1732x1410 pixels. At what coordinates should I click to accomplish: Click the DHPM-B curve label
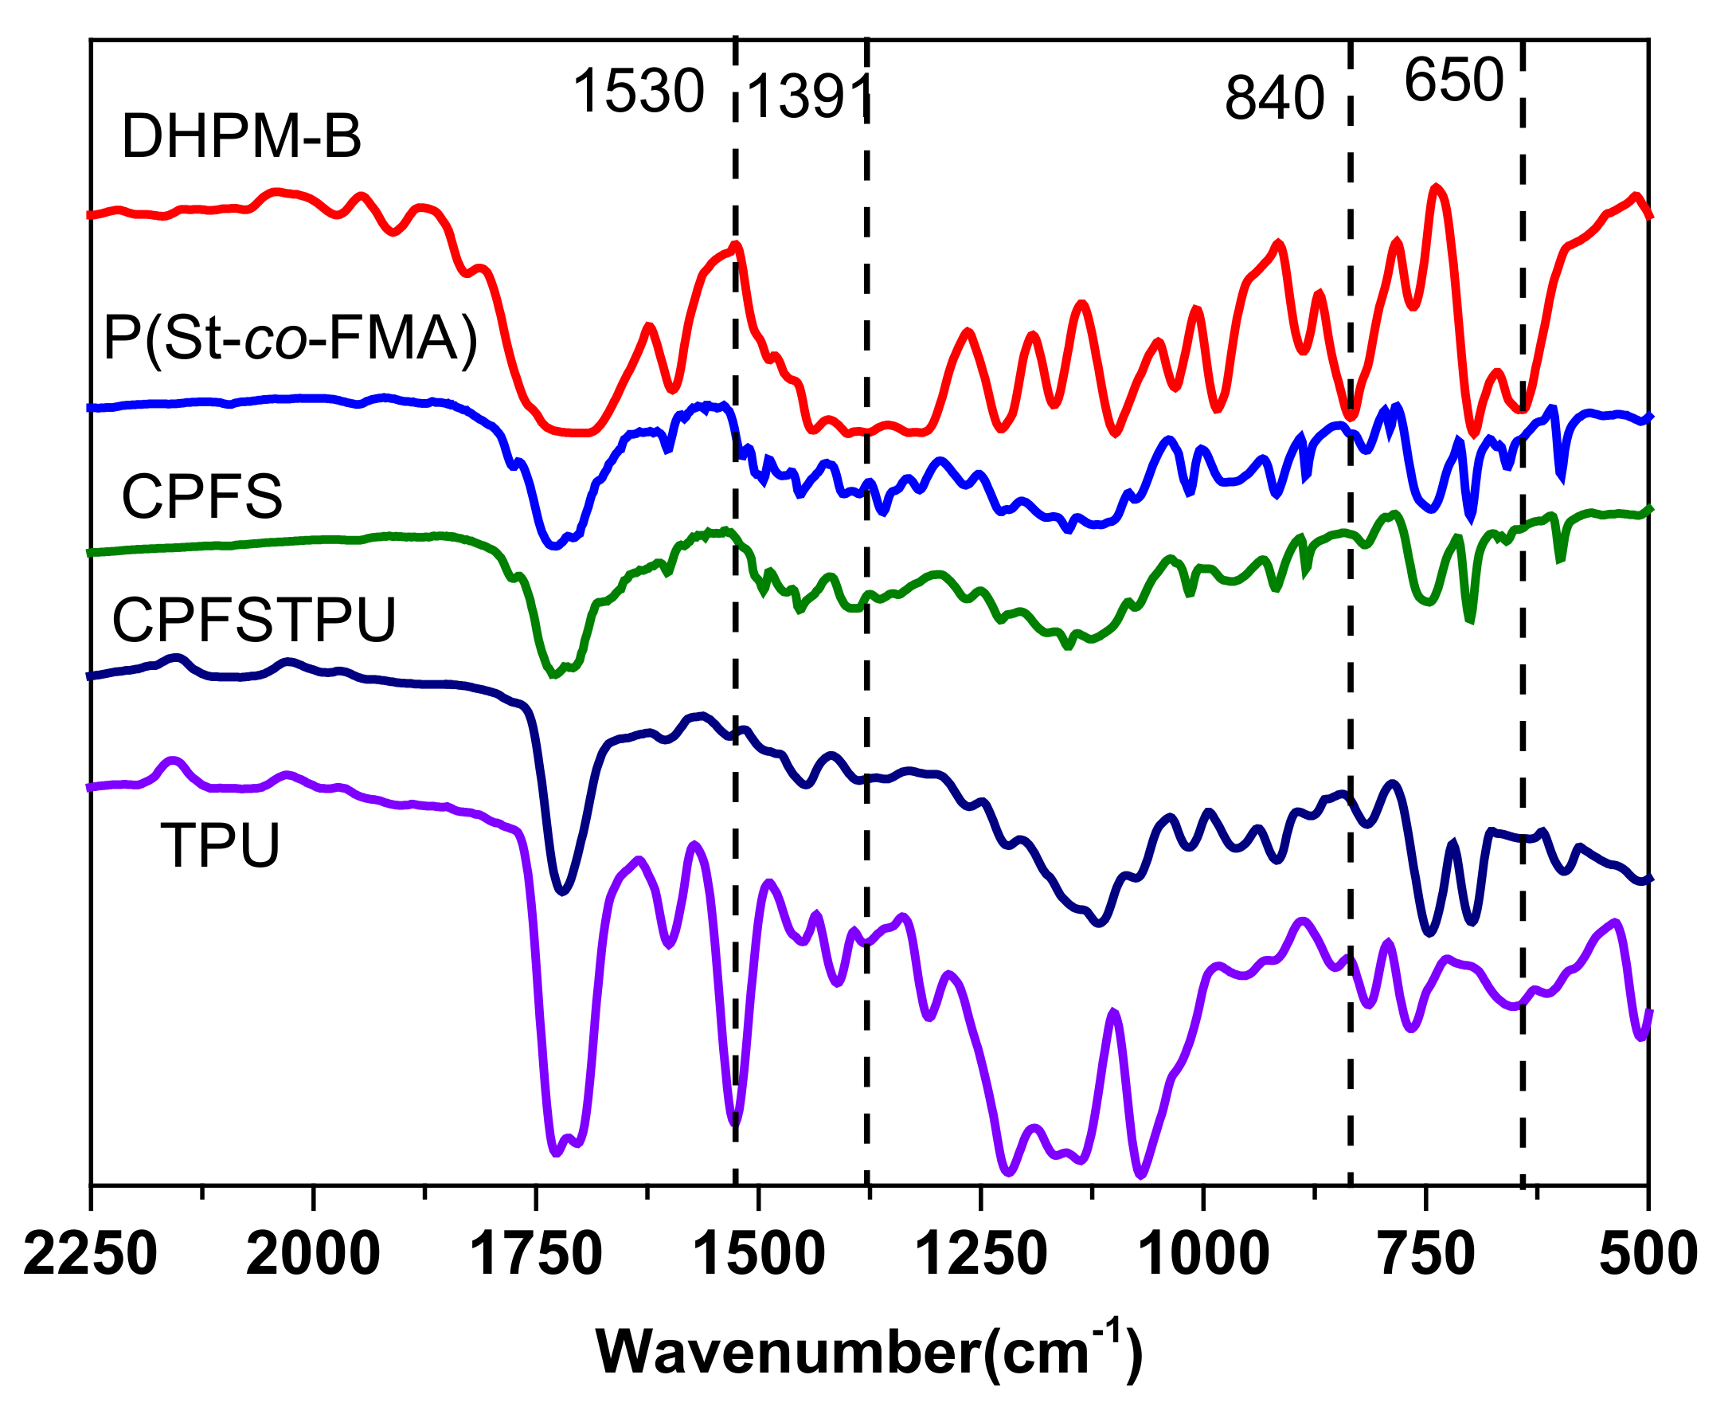241,136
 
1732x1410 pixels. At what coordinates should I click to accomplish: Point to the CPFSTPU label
254,621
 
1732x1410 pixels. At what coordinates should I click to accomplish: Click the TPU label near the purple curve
220,845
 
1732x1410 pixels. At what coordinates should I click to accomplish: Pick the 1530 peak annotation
638,91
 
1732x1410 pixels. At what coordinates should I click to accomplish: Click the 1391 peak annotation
809,97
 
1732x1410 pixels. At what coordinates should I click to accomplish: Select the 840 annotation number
1274,98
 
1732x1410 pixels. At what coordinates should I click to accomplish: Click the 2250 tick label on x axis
90,1254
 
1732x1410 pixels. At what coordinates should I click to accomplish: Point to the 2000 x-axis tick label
313,1254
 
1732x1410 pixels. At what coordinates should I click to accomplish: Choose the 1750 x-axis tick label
536,1254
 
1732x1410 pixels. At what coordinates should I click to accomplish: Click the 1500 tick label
758,1254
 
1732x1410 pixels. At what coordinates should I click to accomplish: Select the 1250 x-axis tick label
981,1254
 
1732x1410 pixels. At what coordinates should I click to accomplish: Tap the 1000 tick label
1203,1254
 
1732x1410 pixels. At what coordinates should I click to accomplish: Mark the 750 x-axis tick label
1427,1254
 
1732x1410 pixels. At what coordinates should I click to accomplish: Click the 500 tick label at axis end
1648,1254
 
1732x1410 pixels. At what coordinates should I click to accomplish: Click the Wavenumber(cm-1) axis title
869,1353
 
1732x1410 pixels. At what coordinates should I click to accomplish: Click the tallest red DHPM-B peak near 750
1436,188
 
